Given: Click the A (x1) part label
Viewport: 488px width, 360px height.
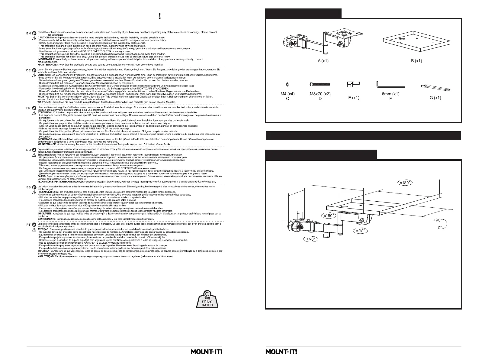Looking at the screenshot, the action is point(323,61).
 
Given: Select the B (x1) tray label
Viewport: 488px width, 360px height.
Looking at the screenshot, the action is point(416,61).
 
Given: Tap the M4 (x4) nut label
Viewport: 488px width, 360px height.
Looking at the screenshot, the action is point(287,94).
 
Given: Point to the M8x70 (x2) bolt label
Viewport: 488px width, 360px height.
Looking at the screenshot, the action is point(320,94).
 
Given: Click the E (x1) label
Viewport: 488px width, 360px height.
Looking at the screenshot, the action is point(354,98).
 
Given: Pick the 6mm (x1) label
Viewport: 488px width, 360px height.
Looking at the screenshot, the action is point(390,94).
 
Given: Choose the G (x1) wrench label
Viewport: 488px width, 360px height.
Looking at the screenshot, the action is point(435,98).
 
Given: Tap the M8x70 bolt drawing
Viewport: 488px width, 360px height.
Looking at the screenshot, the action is point(320,84).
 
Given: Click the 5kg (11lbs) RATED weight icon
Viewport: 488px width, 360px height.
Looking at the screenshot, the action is point(207,299).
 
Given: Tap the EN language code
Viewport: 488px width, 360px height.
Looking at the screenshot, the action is point(28,33).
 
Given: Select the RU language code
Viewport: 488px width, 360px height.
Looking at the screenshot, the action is point(28,150).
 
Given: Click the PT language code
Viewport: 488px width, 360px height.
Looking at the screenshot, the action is point(28,225).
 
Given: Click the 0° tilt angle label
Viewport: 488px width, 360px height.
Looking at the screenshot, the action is point(440,236).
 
